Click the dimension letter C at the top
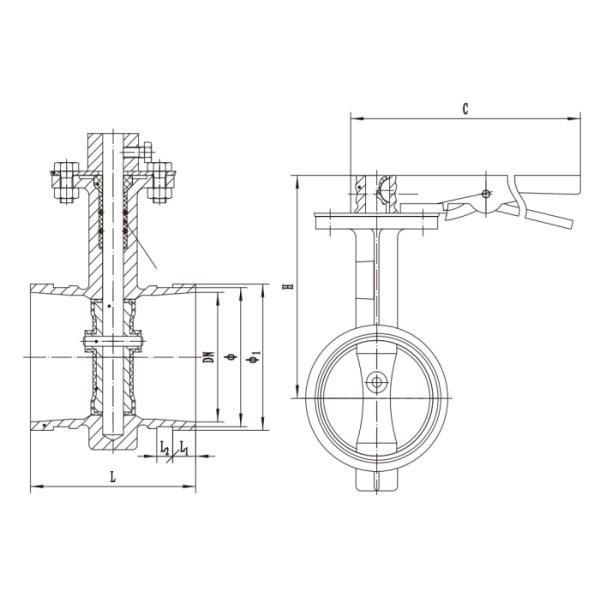pyautogui.click(x=467, y=107)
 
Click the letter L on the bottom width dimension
pyautogui.click(x=113, y=477)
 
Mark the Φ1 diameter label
pyautogui.click(x=256, y=356)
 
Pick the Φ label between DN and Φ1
pyautogui.click(x=233, y=356)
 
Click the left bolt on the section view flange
pyautogui.click(x=65, y=183)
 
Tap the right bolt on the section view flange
pyautogui.click(x=159, y=183)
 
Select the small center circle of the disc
pyautogui.click(x=376, y=381)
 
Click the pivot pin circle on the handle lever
pyautogui.click(x=486, y=193)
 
